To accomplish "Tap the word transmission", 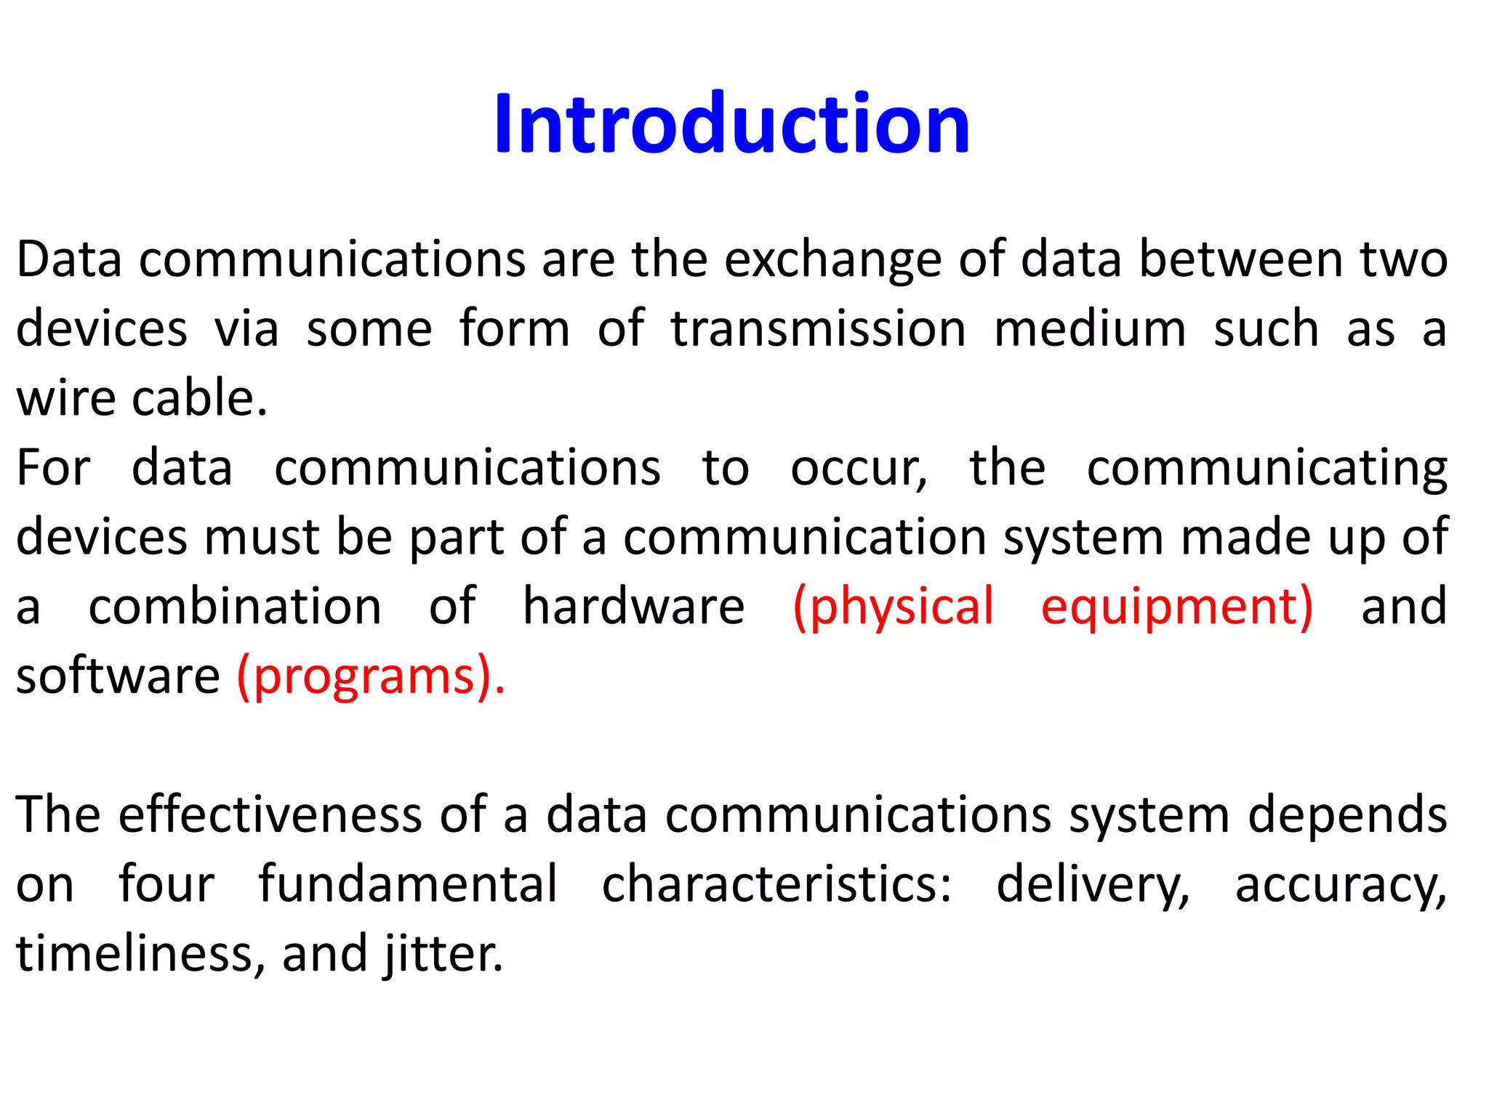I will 819,328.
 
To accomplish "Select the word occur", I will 858,468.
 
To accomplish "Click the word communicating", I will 1267,468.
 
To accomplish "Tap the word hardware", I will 634,606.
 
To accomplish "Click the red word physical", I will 893,606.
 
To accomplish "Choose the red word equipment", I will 1176,606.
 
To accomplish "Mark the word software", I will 118,676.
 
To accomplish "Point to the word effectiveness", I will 270,814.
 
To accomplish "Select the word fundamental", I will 409,884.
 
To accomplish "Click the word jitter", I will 444,953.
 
